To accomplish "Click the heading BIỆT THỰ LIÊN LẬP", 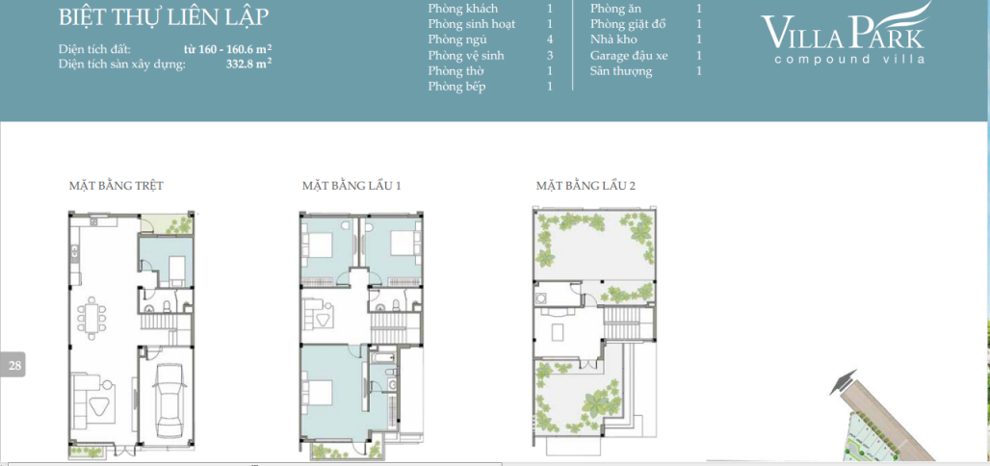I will [x=164, y=17].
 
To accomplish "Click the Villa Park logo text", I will [x=844, y=33].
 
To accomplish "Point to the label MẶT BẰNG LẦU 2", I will [x=586, y=185].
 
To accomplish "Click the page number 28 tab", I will [x=14, y=365].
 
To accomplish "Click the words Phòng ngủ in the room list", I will [x=457, y=39].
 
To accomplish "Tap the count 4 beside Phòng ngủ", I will [x=550, y=39].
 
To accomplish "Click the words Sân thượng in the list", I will [x=621, y=71].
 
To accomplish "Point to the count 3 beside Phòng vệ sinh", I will [x=550, y=56].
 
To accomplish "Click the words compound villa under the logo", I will [x=849, y=59].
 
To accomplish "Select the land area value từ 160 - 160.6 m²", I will [x=227, y=48].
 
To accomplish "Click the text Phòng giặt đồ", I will [x=628, y=23].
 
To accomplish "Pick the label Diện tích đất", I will [x=94, y=48].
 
